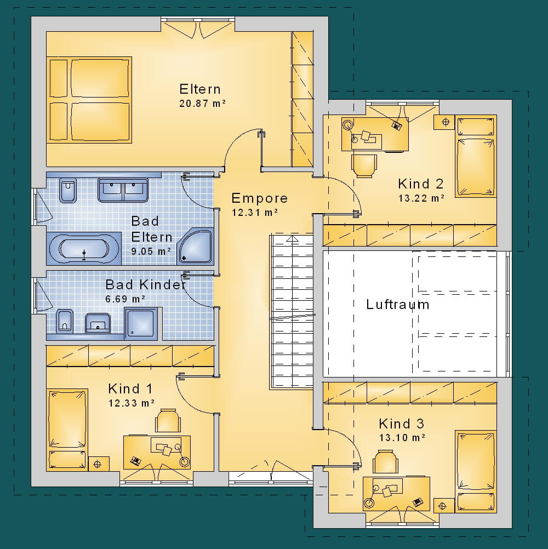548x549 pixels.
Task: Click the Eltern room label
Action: [x=200, y=89]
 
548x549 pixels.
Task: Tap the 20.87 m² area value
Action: [x=202, y=104]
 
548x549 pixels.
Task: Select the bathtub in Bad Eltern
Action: [x=84, y=248]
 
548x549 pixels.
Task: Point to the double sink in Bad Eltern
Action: [x=123, y=190]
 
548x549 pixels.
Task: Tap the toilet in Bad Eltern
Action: [x=68, y=190]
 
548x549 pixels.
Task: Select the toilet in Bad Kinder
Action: [x=65, y=322]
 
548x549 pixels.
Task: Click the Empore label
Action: [x=259, y=198]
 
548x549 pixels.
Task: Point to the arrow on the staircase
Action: [x=293, y=239]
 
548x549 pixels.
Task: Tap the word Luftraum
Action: [x=397, y=304]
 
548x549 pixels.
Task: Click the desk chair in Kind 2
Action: [x=364, y=165]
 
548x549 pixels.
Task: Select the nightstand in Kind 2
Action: [x=444, y=122]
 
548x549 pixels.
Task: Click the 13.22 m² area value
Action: [x=421, y=198]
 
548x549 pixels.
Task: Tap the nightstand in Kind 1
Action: [x=99, y=464]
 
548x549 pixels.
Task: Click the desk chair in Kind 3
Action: [x=386, y=462]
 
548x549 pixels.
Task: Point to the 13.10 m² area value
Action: [x=402, y=438]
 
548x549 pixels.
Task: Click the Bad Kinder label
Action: [x=145, y=284]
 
